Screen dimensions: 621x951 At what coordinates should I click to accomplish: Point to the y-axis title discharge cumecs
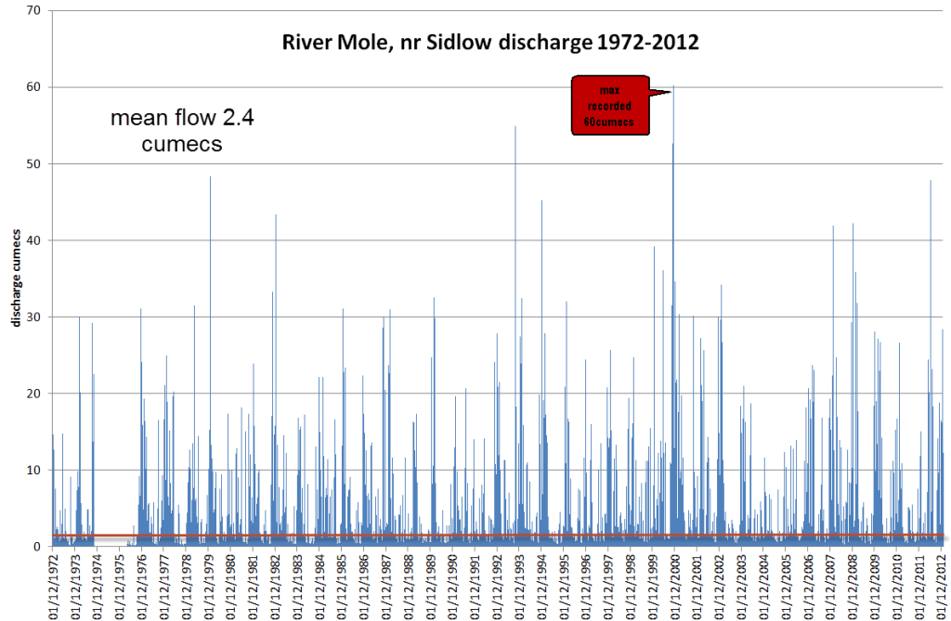tap(16, 277)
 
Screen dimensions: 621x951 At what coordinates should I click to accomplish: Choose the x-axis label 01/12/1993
tap(521, 584)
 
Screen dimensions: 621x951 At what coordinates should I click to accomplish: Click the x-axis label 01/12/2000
tap(676, 584)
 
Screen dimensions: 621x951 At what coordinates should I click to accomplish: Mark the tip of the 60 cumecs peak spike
tap(673, 87)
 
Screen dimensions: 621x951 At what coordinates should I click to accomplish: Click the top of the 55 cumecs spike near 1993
tap(515, 126)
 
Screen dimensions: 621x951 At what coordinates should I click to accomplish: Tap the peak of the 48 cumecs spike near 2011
tap(931, 180)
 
